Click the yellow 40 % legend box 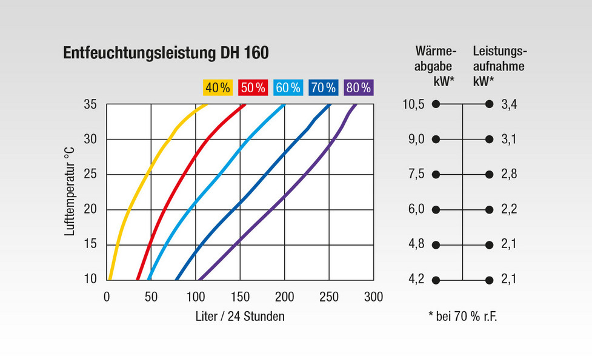218,87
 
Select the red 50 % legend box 253,87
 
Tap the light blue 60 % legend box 288,87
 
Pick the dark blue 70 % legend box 323,87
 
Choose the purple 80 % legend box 358,87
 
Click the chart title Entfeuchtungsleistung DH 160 165,53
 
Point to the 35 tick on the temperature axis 91,104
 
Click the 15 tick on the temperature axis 91,244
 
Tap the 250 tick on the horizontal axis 329,297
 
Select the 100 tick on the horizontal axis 196,297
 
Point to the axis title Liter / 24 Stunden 240,316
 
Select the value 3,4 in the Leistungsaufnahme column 509,104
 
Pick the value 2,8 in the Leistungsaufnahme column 509,175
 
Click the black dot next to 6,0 436,210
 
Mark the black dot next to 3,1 490,140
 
